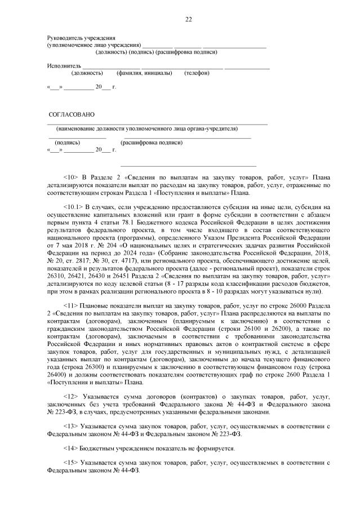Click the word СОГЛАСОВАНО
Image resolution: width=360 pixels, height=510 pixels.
[x=72, y=115]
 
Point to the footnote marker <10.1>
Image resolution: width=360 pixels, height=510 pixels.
[x=74, y=208]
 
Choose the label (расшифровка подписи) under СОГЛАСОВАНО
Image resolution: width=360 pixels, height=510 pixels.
[x=152, y=143]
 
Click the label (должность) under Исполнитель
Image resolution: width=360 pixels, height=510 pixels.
[x=87, y=73]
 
